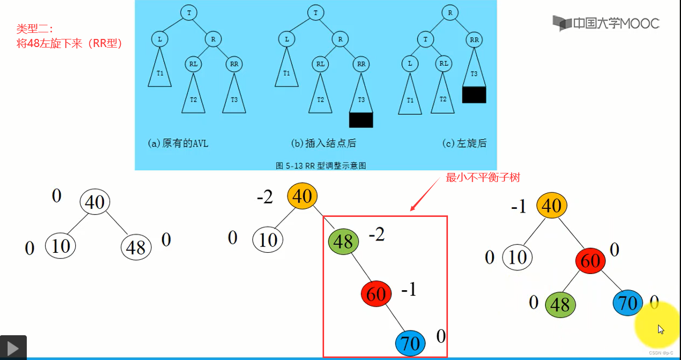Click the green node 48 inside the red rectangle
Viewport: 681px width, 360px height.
(x=343, y=241)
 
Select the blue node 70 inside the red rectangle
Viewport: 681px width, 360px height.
(x=410, y=343)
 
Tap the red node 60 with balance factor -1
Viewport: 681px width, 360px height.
(x=376, y=294)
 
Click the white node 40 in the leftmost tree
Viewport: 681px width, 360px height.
(x=95, y=202)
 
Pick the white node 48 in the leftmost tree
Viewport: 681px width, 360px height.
(x=136, y=247)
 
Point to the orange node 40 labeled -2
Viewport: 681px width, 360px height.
(x=302, y=196)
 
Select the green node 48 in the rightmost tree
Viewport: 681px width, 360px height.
(x=560, y=304)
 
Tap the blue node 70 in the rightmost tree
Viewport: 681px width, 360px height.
(x=627, y=303)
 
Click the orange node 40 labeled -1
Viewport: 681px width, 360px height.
(x=552, y=205)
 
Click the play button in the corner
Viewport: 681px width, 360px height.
(x=13, y=348)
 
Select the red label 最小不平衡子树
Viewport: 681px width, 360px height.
(x=482, y=177)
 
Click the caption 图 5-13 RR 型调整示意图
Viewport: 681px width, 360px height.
(x=321, y=165)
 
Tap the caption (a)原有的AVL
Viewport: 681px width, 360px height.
(x=178, y=143)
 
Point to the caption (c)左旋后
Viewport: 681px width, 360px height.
(x=464, y=143)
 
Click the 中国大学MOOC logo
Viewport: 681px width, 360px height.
(x=606, y=23)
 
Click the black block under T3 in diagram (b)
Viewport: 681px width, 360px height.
(x=361, y=120)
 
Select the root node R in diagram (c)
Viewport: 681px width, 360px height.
(x=449, y=13)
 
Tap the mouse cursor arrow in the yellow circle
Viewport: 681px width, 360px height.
(x=660, y=329)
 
